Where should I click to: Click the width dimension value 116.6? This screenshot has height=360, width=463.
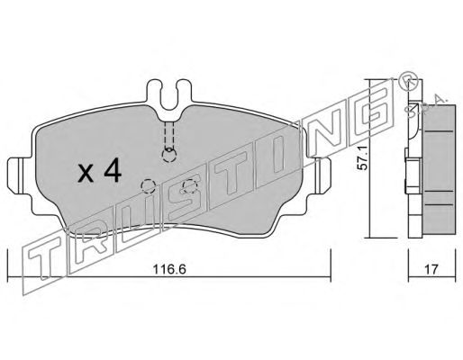click(x=169, y=269)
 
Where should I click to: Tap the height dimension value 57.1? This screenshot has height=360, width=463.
click(x=363, y=162)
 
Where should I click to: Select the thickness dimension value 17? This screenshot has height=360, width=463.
click(x=431, y=269)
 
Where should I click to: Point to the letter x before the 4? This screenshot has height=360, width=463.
click(x=86, y=174)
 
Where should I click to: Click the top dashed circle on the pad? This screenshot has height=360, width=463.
click(x=168, y=155)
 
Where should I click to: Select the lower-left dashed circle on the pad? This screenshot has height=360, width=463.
click(x=148, y=186)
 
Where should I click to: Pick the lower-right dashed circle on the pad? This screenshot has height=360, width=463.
click(x=190, y=186)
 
